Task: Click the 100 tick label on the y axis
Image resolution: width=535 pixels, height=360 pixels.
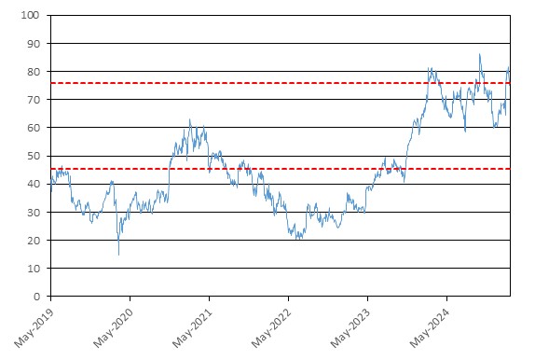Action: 30,15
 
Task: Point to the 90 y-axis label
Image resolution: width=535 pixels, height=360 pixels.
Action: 34,44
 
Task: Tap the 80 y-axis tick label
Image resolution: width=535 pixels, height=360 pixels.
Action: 34,72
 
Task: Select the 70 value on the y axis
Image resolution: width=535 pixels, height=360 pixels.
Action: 34,100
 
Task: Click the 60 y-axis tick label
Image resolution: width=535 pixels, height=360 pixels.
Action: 34,128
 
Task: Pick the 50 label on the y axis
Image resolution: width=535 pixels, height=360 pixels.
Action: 34,156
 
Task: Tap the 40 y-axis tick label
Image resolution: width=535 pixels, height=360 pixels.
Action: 34,184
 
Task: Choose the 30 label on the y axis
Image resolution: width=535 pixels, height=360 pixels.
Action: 34,213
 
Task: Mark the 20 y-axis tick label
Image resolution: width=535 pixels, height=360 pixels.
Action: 34,241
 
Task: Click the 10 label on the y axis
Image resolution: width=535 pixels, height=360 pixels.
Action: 34,269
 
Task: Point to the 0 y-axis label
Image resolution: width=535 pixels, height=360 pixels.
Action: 36,297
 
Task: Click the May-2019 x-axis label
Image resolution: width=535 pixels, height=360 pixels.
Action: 34,328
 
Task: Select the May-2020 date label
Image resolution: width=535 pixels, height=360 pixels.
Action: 113,328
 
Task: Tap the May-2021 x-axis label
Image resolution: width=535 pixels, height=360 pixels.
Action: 192,328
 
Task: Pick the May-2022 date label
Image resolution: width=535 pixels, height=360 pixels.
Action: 271,328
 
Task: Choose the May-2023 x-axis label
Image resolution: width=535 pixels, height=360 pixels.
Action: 350,328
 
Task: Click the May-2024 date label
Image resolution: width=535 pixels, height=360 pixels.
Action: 430,328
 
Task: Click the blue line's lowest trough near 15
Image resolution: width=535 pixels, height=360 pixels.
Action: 118,255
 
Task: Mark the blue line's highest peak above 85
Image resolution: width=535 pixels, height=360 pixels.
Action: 479,54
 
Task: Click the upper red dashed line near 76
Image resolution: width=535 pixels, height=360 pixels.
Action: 281,83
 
